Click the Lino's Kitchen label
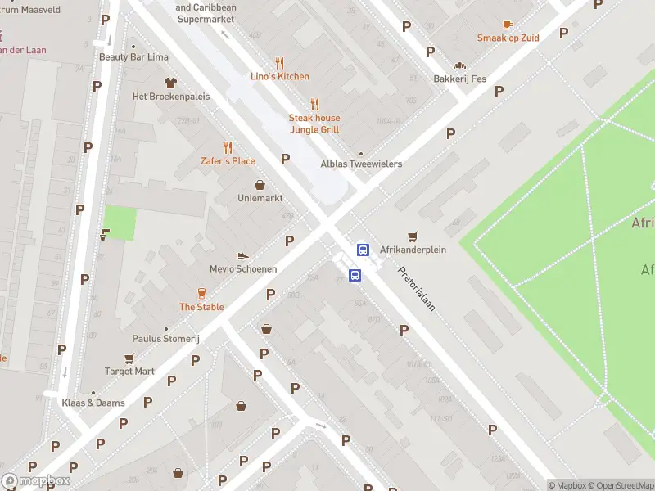(x=280, y=77)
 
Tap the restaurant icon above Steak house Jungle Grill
(x=314, y=104)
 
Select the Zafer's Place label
(x=228, y=161)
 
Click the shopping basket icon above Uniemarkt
(x=260, y=185)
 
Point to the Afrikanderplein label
(x=413, y=250)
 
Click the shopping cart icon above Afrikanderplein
(x=413, y=236)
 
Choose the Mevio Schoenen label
(x=243, y=269)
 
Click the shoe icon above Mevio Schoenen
(x=242, y=256)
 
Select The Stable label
(x=201, y=308)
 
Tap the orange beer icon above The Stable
(x=201, y=294)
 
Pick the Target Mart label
(x=129, y=372)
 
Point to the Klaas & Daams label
(x=93, y=403)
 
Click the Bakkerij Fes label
(x=459, y=79)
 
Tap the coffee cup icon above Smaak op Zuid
(x=508, y=25)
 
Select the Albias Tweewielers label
(x=361, y=164)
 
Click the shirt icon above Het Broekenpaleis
(x=170, y=83)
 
